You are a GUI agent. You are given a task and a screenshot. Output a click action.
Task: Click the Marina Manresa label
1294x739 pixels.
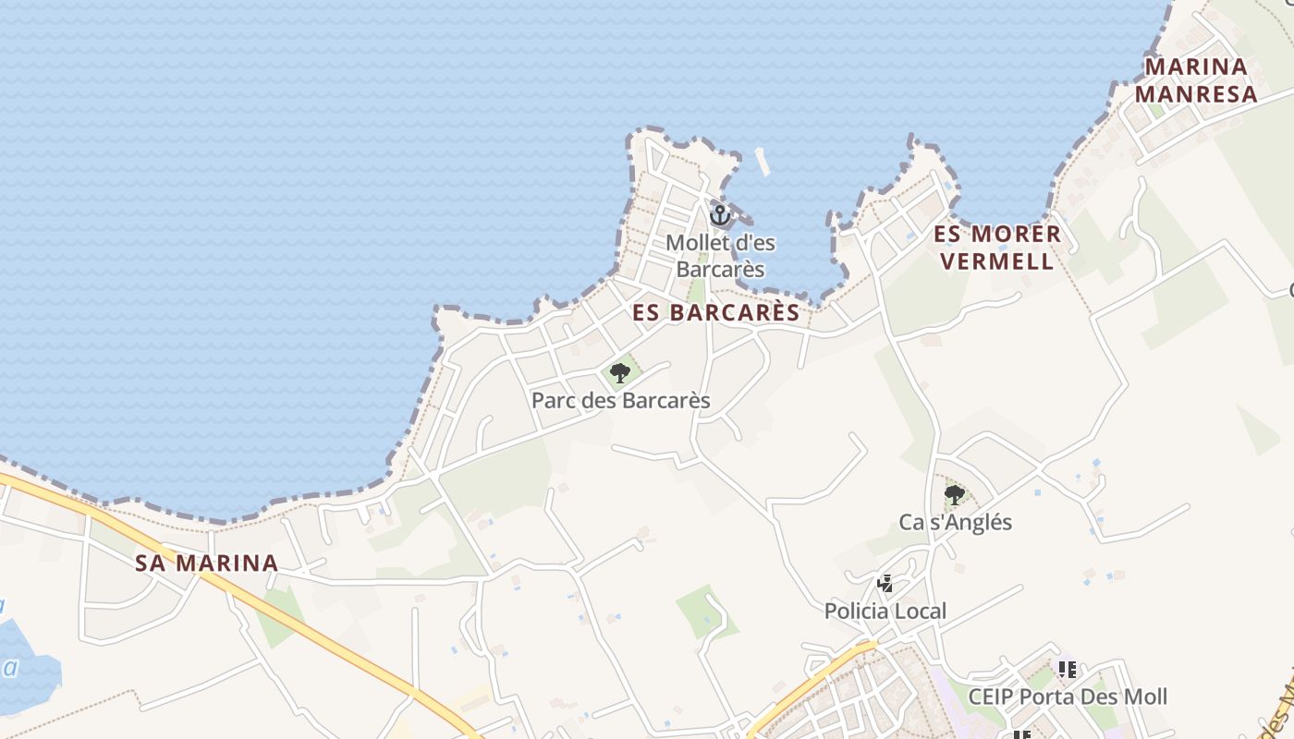[x=1196, y=80]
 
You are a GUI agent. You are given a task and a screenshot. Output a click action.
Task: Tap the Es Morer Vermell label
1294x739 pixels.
[x=997, y=247]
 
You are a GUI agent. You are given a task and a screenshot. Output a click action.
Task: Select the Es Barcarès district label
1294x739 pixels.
[x=716, y=313]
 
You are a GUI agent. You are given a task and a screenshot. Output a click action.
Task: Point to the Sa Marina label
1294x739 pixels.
[x=206, y=563]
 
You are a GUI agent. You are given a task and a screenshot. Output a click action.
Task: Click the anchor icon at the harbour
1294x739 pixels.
[x=719, y=215]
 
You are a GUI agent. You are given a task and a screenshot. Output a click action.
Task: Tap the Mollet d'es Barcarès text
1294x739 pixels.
[x=720, y=256]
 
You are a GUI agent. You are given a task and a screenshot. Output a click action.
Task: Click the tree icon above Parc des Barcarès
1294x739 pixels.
[x=620, y=373]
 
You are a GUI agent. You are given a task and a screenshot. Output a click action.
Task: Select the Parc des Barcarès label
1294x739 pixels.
[x=620, y=401]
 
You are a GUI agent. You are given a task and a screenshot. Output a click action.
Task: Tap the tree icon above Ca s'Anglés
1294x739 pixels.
[x=955, y=495]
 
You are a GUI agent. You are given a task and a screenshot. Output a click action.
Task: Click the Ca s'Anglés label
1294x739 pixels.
[x=955, y=523]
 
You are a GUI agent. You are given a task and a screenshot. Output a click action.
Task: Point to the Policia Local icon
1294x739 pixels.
[x=885, y=584]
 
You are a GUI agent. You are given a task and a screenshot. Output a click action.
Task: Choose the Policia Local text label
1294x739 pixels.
[x=885, y=612]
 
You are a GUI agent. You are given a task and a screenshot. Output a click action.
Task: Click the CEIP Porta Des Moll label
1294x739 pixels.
[x=1068, y=697]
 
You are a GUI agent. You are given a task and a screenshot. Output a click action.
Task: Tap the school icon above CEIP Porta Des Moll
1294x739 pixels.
[x=1068, y=669]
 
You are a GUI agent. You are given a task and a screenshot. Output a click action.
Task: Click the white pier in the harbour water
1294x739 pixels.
[x=763, y=162]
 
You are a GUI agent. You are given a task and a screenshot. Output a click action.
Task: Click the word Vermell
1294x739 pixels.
[x=997, y=260]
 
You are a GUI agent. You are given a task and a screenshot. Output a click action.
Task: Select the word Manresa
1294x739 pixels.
[x=1196, y=94]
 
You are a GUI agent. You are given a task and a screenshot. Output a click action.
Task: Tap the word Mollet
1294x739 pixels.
[x=697, y=244]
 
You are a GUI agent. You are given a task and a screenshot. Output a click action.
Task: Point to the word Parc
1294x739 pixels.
[x=552, y=401]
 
